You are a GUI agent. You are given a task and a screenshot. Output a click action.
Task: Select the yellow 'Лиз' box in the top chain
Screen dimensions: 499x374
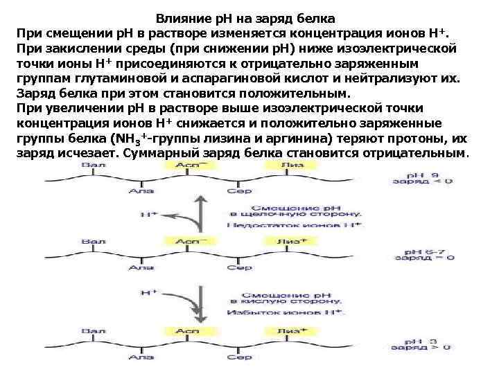tap(292, 166)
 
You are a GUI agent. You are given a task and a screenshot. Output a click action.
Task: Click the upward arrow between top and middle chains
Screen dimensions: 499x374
tap(202, 212)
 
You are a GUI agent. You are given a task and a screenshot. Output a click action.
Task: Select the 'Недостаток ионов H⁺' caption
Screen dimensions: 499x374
tap(295, 225)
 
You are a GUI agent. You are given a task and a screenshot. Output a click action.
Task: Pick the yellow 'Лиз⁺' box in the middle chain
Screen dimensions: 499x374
tap(292, 242)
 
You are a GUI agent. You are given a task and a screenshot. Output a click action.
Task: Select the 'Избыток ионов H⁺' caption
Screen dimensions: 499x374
tap(295, 312)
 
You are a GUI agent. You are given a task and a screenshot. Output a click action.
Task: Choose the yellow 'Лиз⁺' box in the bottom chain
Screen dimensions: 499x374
tap(292, 332)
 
